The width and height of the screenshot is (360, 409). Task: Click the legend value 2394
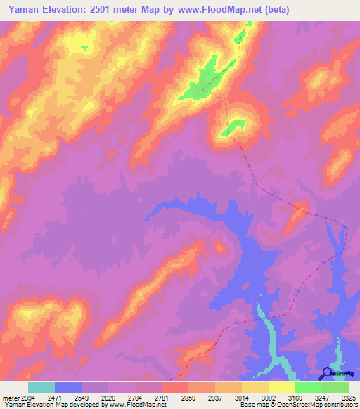click(x=27, y=397)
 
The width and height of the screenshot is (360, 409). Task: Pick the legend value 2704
click(x=136, y=397)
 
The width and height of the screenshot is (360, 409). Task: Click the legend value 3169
click(x=296, y=397)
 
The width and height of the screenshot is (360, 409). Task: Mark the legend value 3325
click(x=348, y=397)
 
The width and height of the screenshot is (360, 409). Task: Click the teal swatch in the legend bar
click(x=41, y=387)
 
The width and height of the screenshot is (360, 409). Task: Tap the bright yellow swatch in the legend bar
click(x=281, y=387)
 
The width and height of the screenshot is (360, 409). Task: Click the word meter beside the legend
click(x=10, y=397)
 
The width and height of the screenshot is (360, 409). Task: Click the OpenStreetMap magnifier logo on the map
click(x=326, y=373)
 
